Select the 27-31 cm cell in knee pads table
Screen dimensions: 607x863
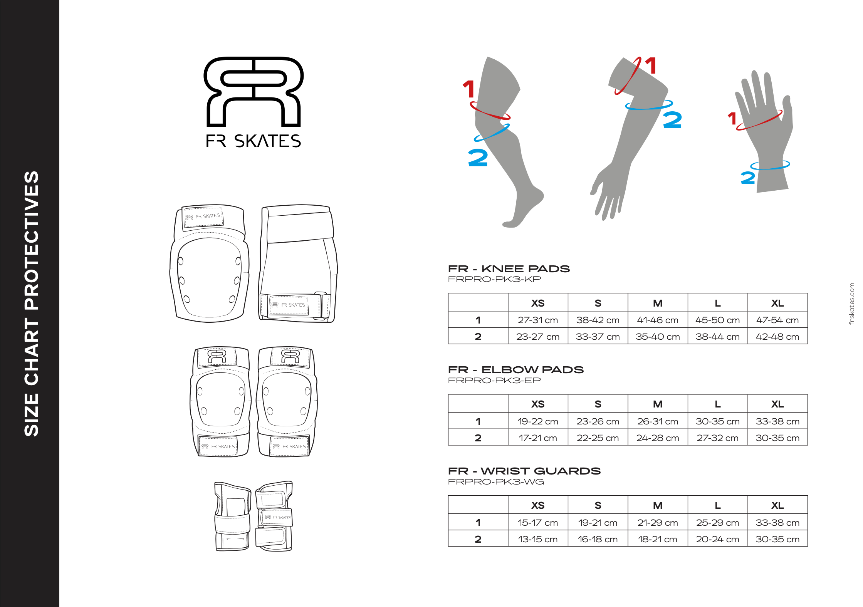[537, 320]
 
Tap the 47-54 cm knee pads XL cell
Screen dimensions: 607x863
[777, 320]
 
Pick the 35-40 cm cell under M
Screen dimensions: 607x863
[658, 337]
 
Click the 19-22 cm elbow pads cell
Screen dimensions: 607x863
[537, 421]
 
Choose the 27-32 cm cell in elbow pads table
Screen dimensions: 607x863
[717, 438]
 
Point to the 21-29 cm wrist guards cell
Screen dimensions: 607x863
[658, 523]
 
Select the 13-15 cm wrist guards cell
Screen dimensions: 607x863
[537, 539]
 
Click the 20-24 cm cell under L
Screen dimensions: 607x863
[717, 539]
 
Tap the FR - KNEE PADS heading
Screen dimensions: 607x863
[509, 269]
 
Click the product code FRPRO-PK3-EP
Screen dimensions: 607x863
[494, 381]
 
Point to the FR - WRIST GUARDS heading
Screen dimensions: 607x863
[524, 471]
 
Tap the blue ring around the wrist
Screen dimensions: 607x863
[770, 165]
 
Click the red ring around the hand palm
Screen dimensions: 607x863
[759, 121]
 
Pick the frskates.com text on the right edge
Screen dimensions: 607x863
[851, 304]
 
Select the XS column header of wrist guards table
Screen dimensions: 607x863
[537, 505]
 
